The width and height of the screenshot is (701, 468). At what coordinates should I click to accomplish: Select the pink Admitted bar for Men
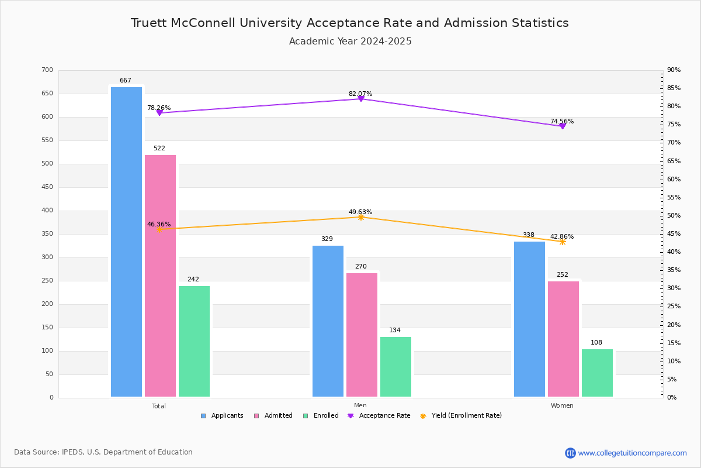(x=362, y=335)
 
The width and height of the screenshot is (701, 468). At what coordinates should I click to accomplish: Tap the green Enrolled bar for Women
(x=597, y=373)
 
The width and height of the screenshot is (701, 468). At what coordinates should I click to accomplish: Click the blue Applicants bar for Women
(x=529, y=319)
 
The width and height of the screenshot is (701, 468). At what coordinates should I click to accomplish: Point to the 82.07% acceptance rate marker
(x=360, y=99)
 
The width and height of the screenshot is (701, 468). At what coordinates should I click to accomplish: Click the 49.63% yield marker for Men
(x=360, y=217)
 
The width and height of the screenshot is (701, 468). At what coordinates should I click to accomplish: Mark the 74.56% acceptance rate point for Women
(x=562, y=126)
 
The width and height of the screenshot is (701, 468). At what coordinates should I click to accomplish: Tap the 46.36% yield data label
(x=159, y=224)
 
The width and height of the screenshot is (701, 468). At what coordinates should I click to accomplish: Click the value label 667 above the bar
(x=126, y=81)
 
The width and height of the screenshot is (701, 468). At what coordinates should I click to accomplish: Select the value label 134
(x=395, y=331)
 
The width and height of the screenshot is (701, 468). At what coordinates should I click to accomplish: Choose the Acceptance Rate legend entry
(x=379, y=416)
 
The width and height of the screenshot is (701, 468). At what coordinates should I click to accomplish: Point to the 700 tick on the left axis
(x=47, y=70)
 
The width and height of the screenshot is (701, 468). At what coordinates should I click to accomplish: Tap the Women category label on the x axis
(x=562, y=405)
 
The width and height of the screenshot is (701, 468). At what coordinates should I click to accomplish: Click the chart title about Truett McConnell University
(x=349, y=23)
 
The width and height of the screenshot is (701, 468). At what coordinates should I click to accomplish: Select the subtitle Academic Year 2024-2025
(x=350, y=42)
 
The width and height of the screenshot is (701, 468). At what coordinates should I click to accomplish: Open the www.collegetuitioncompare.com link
(x=632, y=453)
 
